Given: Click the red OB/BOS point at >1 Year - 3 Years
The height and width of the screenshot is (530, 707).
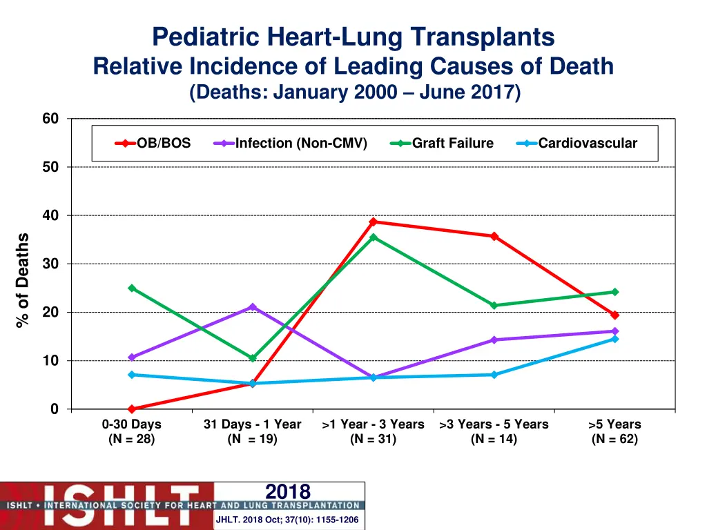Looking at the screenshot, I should point(373,222).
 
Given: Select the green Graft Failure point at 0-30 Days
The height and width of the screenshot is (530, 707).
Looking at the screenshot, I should point(131,288).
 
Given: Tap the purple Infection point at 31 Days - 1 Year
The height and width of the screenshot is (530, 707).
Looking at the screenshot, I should point(252,307).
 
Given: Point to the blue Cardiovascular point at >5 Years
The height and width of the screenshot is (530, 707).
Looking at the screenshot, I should point(614,339).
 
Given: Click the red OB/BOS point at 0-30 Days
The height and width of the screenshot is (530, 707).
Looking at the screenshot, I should point(131,409).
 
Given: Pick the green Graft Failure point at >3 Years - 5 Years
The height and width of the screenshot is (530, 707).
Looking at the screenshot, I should point(494,305).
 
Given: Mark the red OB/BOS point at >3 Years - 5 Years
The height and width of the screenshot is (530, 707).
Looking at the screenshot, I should point(494,236).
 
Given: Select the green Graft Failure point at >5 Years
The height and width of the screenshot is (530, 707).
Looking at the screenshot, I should point(614,292).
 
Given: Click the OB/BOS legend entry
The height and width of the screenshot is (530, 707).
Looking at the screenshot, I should point(153,144).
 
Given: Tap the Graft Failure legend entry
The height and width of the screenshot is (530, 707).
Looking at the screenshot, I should point(442,144).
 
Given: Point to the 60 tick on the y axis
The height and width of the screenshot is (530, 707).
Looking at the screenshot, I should point(50,119).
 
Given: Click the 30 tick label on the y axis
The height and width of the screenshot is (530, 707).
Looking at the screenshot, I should point(50,264).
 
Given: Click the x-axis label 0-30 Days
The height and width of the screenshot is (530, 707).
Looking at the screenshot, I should point(131,424).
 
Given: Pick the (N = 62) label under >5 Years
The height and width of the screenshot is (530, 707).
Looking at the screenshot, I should point(614,439).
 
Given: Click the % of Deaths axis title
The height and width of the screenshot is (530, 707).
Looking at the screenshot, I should point(23,280).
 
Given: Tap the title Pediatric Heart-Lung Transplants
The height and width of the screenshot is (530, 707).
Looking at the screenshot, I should point(353,37).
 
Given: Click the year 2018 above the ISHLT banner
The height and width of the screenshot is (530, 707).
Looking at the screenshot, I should point(288,491).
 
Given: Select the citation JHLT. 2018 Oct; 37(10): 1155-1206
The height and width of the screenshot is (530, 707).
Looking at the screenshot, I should point(287,520).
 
